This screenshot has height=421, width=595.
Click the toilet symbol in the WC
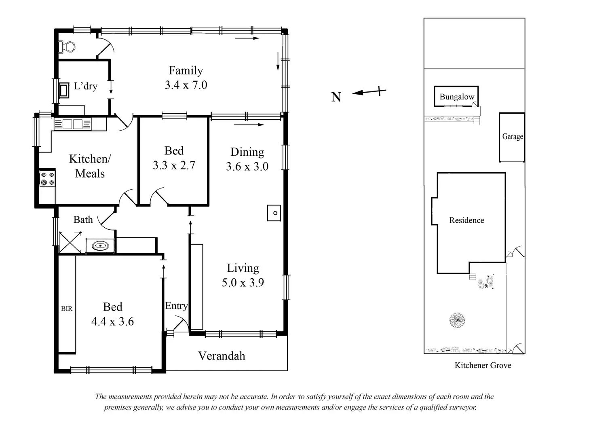pyautogui.click(x=67, y=47)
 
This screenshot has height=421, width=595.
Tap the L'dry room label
pyautogui.click(x=86, y=86)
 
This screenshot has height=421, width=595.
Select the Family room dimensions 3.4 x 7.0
pyautogui.click(x=186, y=85)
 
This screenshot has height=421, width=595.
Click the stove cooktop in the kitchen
pyautogui.click(x=48, y=178)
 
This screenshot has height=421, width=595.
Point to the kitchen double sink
pyautogui.click(x=72, y=124)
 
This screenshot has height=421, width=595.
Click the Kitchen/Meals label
pyautogui.click(x=90, y=166)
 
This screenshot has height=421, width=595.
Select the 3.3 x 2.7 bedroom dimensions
pyautogui.click(x=174, y=165)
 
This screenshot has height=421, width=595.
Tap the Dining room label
pyautogui.click(x=247, y=152)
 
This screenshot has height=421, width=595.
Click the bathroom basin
pyautogui.click(x=100, y=246)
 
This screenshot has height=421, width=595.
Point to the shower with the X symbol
pyautogui.click(x=70, y=242)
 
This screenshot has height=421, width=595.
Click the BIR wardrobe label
pyautogui.click(x=67, y=308)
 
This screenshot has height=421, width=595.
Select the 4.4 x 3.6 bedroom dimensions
pyautogui.click(x=113, y=322)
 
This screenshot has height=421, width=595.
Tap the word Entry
pyautogui.click(x=176, y=306)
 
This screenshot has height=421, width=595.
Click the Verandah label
pyautogui.click(x=222, y=356)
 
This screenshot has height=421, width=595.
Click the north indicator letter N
pyautogui.click(x=336, y=97)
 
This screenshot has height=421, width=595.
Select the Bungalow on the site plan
pyautogui.click(x=456, y=96)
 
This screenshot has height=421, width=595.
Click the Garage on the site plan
pyautogui.click(x=512, y=137)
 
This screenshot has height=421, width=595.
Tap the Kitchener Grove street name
pyautogui.click(x=483, y=366)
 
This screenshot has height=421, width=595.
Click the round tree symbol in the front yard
pyautogui.click(x=457, y=320)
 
